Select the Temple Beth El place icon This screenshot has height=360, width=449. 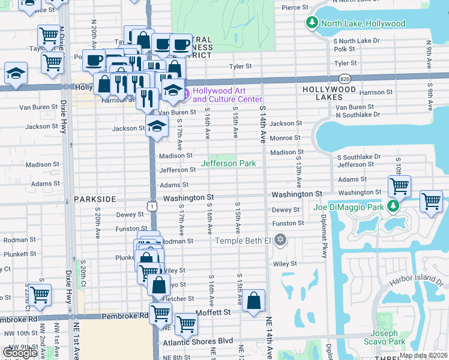coord(280,241)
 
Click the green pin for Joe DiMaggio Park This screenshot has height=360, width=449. coord(393,207)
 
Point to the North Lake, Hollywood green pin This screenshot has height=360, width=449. coord(312,23)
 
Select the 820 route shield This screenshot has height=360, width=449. coord(345,78)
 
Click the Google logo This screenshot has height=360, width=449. coord(20,353)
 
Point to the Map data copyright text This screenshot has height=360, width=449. coord(423,355)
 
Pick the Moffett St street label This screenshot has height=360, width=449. coord(214,313)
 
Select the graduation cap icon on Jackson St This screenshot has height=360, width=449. coord(156,127)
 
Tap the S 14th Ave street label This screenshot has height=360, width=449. coord(263,125)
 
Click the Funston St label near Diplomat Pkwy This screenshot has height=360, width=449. coord(288,223)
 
